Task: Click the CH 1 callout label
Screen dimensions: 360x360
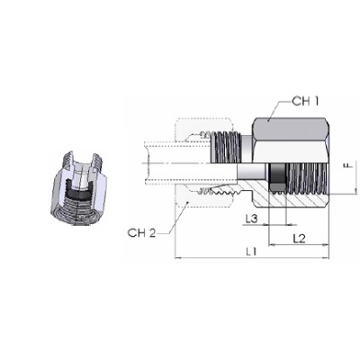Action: (305, 102)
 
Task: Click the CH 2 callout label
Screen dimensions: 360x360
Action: (142, 233)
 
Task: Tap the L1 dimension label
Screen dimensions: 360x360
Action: (251, 251)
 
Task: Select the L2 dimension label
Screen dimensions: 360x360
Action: (299, 238)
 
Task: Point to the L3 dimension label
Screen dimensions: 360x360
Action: (251, 219)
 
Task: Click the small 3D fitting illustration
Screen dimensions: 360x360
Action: (78, 187)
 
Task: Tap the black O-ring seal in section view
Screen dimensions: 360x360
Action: (277, 177)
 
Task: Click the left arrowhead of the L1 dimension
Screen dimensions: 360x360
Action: (177, 257)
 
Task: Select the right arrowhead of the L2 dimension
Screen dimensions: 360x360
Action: (327, 245)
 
